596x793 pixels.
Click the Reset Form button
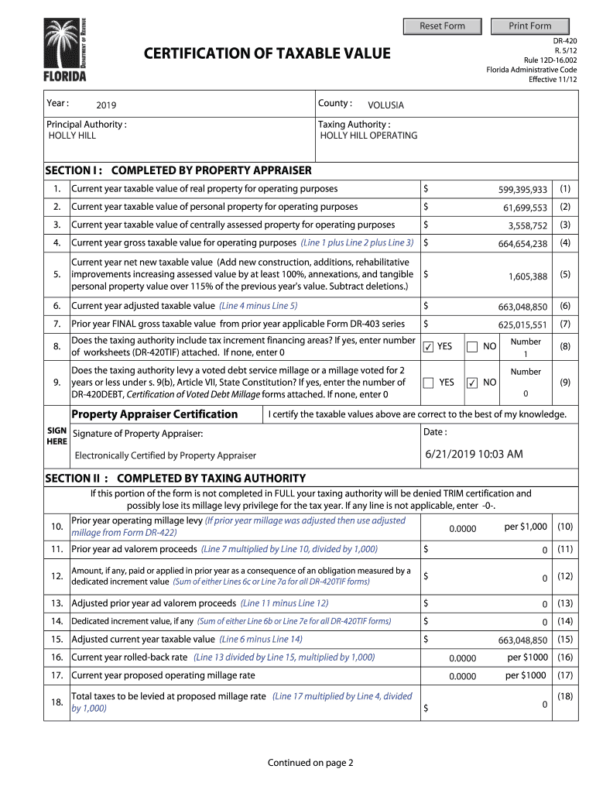(x=442, y=26)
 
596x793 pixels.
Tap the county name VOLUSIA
(x=385, y=105)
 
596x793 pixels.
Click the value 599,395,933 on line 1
(x=522, y=190)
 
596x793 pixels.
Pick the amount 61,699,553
(x=525, y=208)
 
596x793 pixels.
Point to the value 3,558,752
(x=528, y=226)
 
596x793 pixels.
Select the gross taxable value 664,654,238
(x=522, y=244)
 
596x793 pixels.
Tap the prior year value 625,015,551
(x=522, y=325)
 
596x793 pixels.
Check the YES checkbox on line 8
(x=428, y=348)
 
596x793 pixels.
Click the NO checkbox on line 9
(x=472, y=383)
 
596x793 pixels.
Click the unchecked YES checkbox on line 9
(x=428, y=383)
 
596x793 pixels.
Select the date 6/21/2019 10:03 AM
(x=474, y=454)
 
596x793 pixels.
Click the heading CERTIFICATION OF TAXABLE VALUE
(x=267, y=53)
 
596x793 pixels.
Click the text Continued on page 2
(x=310, y=763)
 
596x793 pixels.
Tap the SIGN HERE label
(x=57, y=435)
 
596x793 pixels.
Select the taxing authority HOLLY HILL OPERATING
(x=368, y=136)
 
